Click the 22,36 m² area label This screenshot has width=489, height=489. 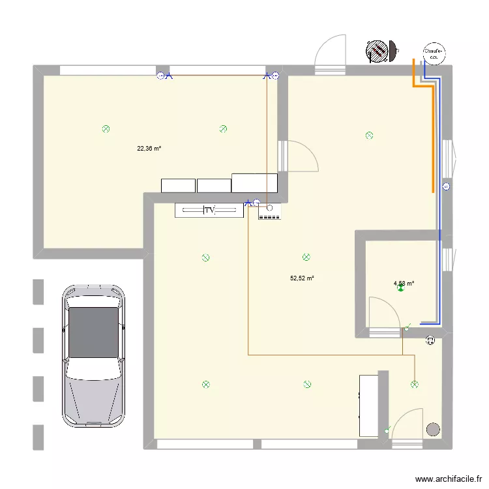149,149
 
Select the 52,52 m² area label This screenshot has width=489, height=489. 302,278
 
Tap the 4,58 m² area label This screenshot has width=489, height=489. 404,284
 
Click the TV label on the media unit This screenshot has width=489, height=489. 209,211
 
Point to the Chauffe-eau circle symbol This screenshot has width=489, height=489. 434,53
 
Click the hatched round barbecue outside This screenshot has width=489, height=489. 378,52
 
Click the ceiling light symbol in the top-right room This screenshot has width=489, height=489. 369,136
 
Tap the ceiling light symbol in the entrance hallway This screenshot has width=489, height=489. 414,385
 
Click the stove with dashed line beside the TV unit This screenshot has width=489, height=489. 269,211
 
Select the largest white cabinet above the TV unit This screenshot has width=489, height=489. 254,183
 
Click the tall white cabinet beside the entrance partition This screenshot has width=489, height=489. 369,405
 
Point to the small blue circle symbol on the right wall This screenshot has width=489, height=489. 446,187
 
